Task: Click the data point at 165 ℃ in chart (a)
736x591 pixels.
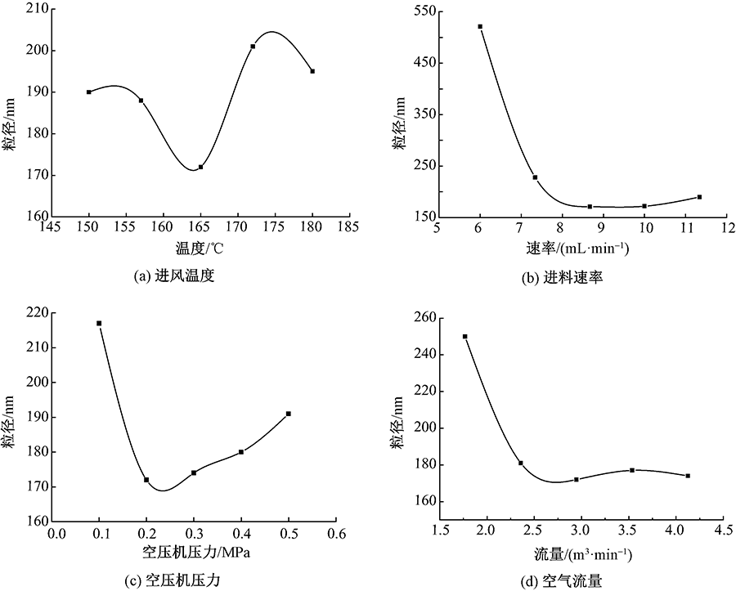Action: point(200,167)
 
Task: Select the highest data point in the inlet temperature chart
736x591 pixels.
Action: point(253,47)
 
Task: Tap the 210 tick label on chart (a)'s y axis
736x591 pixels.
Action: point(37,9)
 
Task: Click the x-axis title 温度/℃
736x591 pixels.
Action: point(200,246)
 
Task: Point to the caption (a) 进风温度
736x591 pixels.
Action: point(177,276)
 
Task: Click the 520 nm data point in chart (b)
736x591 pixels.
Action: point(480,26)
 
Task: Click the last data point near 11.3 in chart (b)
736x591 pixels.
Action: point(699,197)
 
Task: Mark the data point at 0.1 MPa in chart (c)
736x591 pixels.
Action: point(99,324)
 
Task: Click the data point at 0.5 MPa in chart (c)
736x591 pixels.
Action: point(289,414)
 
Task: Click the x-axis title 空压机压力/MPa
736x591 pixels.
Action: point(196,553)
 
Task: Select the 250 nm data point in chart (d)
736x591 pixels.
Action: point(465,337)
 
